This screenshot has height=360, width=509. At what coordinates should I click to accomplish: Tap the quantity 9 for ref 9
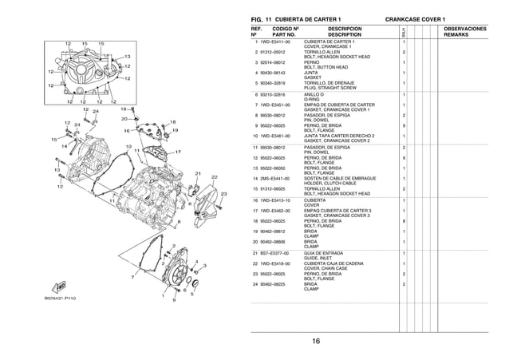tap(404, 126)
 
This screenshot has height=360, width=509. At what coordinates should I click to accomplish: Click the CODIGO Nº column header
tap(280, 29)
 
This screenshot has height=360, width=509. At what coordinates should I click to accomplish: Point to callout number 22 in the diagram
tap(215, 176)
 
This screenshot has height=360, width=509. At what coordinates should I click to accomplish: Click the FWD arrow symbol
tap(60, 285)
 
